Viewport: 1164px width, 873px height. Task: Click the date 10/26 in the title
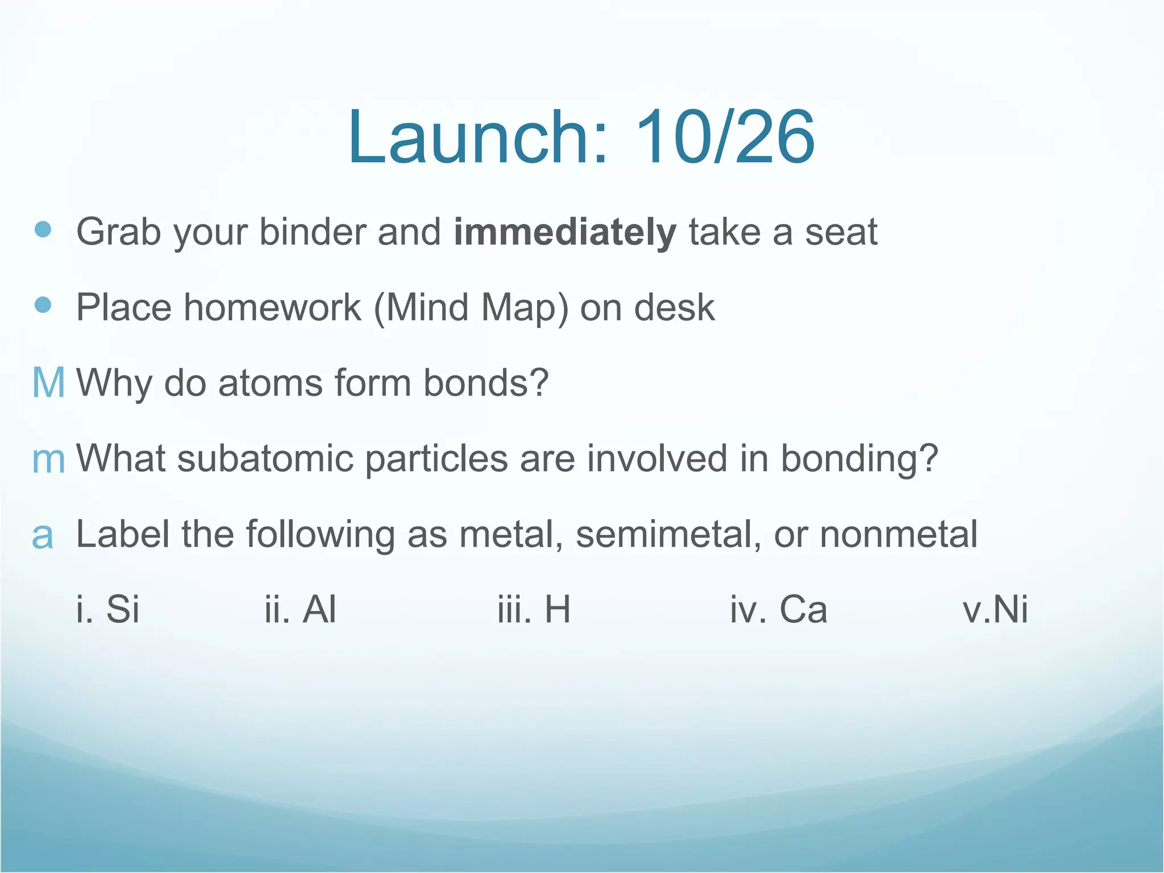[725, 138]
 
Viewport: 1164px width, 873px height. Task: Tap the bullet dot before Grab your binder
[43, 230]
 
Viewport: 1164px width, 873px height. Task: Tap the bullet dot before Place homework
[43, 305]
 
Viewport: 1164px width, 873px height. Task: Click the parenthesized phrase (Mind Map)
[471, 308]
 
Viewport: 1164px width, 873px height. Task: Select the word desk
[674, 307]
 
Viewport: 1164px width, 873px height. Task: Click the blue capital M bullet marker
[48, 383]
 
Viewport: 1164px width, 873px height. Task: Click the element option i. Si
[107, 609]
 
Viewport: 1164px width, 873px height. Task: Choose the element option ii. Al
[300, 609]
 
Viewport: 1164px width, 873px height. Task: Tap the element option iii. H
[534, 609]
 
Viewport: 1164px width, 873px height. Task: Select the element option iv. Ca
[778, 609]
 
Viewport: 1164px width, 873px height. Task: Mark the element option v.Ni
[995, 609]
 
